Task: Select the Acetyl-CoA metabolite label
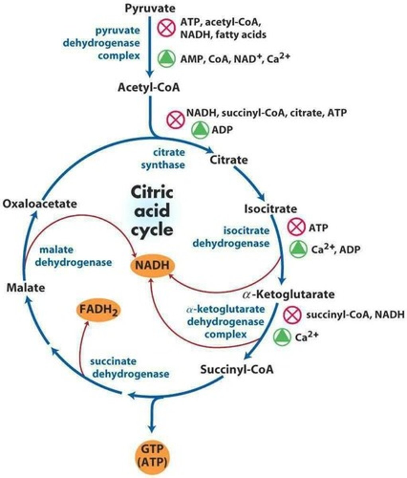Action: (149, 87)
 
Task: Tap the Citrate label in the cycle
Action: (229, 160)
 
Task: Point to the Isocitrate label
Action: (271, 208)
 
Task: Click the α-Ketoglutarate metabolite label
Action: (288, 294)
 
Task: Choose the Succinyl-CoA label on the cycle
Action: (237, 369)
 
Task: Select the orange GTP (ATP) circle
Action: (151, 456)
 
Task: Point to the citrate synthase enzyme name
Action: (169, 159)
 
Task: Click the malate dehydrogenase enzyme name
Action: (75, 256)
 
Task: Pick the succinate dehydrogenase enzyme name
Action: (129, 367)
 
